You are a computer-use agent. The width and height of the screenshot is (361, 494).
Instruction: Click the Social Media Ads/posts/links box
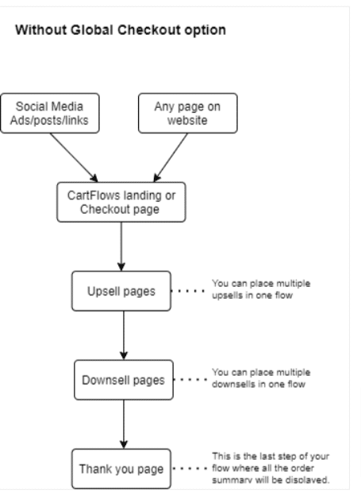pos(50,113)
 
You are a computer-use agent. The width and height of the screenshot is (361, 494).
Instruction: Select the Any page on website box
pos(187,113)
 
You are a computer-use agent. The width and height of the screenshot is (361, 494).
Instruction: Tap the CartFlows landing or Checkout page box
pos(121,202)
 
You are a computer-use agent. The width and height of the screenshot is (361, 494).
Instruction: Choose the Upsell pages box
pos(121,291)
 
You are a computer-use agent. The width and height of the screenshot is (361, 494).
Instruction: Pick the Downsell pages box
pos(124,380)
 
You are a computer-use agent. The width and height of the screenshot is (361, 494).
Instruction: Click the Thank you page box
pos(121,469)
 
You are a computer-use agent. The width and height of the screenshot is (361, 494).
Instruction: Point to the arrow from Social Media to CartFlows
pos(74,157)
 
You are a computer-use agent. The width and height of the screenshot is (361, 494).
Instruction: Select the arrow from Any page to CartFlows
pos(171,157)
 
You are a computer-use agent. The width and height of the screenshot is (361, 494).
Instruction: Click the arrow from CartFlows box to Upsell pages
pos(121,246)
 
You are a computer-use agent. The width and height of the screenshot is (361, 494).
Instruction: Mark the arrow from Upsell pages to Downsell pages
pos(124,335)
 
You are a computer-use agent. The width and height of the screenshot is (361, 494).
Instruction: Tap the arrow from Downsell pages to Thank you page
pos(124,424)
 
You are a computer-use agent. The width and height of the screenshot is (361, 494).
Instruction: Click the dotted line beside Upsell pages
pos(187,291)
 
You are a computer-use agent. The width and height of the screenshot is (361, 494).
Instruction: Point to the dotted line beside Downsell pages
pos(190,380)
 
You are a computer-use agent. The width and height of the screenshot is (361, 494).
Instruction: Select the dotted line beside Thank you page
pos(190,469)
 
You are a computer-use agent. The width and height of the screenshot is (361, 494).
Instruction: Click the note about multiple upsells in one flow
pos(261,289)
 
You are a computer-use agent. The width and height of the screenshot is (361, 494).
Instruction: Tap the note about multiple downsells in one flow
pos(261,378)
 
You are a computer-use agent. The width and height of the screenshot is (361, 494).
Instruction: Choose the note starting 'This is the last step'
pos(271,468)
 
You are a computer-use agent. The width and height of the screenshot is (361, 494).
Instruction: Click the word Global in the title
pos(91,30)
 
